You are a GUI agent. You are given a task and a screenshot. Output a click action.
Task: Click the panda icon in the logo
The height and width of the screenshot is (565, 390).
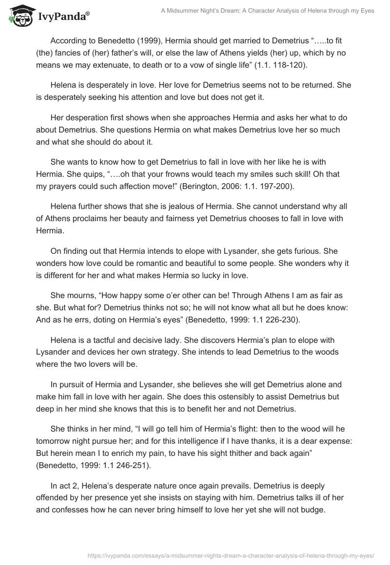19,16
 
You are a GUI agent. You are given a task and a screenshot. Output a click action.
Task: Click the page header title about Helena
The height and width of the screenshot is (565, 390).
268,11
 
